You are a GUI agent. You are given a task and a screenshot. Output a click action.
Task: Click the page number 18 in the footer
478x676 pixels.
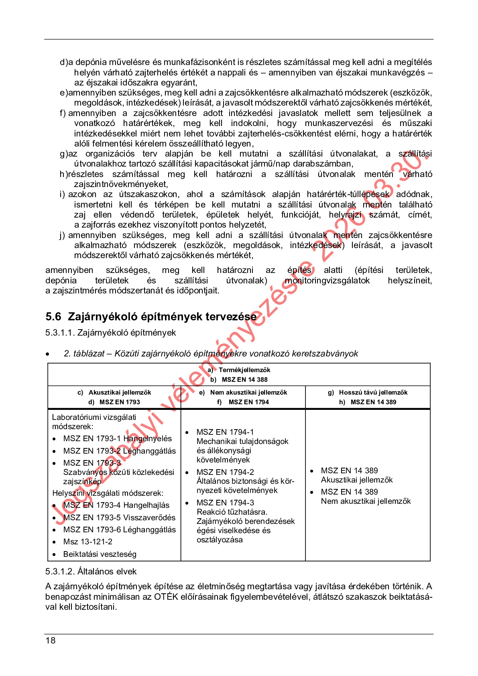point(51,640)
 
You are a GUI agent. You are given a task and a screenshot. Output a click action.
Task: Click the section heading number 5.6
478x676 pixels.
point(53,317)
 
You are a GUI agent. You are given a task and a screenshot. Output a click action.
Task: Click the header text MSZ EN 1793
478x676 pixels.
point(120,402)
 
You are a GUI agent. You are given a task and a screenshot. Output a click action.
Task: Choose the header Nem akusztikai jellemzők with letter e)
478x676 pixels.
point(248,392)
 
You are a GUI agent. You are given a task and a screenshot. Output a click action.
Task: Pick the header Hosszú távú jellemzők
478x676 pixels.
point(373,392)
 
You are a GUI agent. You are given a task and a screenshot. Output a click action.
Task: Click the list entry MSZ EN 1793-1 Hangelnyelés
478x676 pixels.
point(117,438)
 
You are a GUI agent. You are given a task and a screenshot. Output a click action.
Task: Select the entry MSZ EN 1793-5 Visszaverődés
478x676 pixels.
point(119,517)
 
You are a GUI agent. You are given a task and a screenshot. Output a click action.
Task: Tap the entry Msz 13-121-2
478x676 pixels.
point(87,542)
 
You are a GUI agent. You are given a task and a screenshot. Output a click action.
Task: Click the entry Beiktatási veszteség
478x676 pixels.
point(100,554)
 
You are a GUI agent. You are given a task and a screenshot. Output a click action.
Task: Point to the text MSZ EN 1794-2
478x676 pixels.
point(225,472)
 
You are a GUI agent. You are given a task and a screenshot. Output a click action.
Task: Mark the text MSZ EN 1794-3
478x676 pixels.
point(225,503)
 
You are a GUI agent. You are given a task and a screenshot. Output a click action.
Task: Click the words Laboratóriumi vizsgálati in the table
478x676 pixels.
point(94,417)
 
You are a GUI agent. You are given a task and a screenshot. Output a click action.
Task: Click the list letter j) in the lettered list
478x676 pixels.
point(62,235)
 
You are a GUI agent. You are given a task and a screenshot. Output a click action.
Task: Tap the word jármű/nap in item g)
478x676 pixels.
point(270,164)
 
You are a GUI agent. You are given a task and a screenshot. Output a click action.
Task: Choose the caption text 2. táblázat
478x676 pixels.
point(83,354)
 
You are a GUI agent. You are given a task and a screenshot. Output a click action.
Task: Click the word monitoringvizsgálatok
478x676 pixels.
point(327,280)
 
